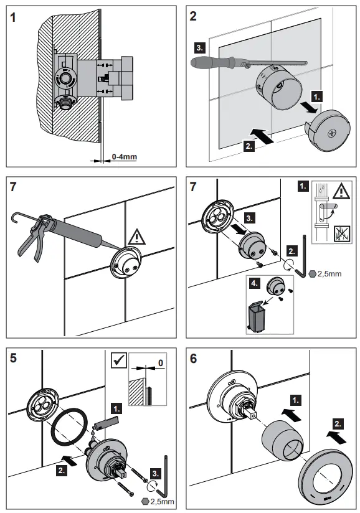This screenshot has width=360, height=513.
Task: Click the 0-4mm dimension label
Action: [x=125, y=157]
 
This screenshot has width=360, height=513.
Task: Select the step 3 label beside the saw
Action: [x=200, y=48]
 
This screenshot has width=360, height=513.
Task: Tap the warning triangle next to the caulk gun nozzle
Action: [x=136, y=237]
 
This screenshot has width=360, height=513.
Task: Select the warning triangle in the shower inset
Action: [x=342, y=191]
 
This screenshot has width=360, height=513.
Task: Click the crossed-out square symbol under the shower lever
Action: [x=342, y=234]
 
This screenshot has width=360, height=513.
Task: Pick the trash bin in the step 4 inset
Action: [x=257, y=316]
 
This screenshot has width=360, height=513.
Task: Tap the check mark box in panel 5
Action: [x=119, y=360]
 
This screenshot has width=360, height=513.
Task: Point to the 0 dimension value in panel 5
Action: [x=161, y=363]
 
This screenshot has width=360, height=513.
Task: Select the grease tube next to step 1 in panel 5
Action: [x=105, y=422]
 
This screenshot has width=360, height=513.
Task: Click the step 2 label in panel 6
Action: [x=338, y=425]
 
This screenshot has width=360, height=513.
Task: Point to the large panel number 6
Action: [x=194, y=359]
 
